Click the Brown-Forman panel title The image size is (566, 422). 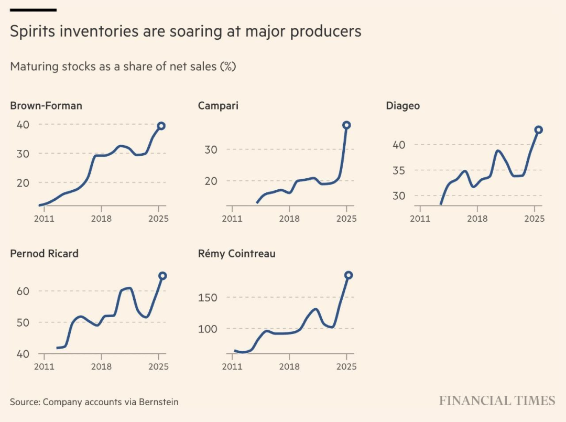pos(46,106)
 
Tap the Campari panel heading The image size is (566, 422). pos(218,106)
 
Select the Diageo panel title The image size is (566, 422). pos(402,106)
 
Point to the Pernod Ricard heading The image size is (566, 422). pos(44,254)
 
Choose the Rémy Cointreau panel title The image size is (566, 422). pos(236,254)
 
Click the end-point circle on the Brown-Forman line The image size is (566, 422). pos(161,126)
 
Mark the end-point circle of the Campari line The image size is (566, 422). pos(346,125)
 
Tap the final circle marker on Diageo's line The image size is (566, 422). pos(538,129)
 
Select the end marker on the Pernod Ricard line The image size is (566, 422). pos(162,276)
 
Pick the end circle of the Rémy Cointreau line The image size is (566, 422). pos(349,275)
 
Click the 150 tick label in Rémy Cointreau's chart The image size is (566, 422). pos(206,297)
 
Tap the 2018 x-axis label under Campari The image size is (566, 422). pos(289,218)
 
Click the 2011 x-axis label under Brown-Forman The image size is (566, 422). pos(44,218)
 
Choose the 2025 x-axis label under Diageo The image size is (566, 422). pos(534,218)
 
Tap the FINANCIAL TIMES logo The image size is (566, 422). pos(497,401)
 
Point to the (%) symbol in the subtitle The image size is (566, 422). pos(227,67)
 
